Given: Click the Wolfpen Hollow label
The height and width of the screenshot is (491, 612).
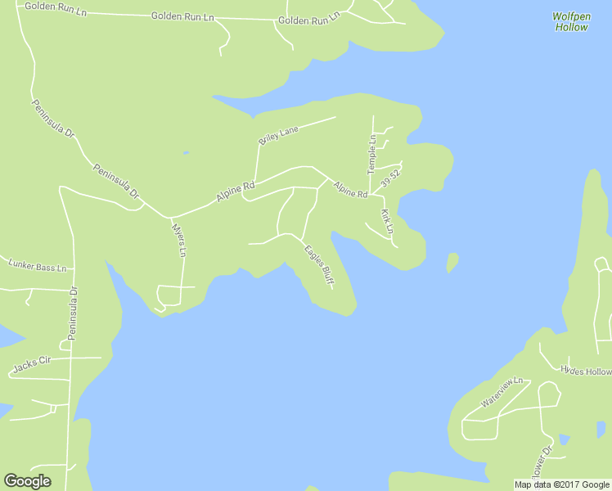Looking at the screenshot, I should [x=570, y=22].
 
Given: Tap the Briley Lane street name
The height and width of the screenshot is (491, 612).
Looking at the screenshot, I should [x=279, y=135].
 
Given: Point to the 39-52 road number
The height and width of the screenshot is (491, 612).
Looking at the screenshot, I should [x=390, y=178].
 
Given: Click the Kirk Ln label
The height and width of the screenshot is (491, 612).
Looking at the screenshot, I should [x=388, y=219].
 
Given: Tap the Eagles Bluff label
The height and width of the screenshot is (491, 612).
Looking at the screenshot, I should [x=319, y=266].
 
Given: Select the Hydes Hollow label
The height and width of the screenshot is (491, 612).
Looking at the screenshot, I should [x=586, y=371].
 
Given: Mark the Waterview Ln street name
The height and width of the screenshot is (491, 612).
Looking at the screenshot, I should [x=501, y=394].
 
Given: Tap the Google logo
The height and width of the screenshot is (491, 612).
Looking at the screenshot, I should [x=27, y=481].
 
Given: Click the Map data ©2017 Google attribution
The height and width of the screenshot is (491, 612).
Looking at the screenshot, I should [x=561, y=484].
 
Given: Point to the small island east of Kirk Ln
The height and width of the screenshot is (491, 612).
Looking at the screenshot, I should [x=452, y=262].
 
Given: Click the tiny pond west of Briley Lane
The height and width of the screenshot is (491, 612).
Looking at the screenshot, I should [x=187, y=152].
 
